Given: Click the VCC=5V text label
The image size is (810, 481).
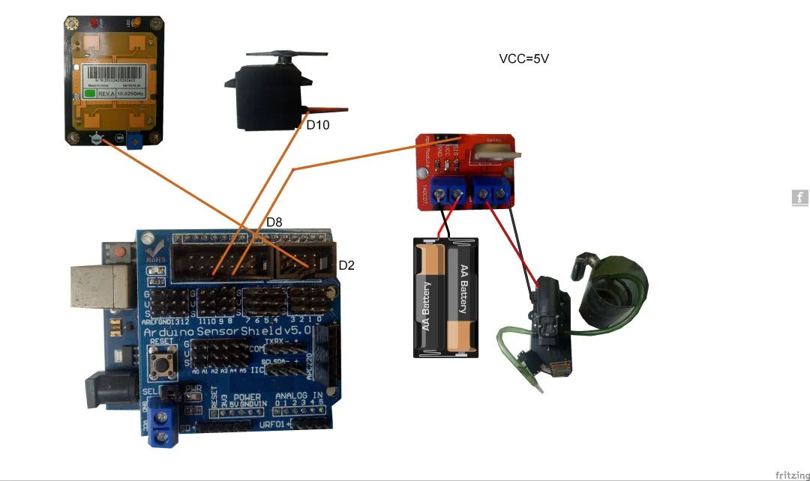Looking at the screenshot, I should pyautogui.click(x=524, y=58).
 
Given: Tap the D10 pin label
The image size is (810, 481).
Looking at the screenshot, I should pyautogui.click(x=317, y=125).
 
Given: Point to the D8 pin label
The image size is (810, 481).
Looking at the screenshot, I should pyautogui.click(x=274, y=223).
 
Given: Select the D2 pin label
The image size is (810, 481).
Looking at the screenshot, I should pyautogui.click(x=346, y=265).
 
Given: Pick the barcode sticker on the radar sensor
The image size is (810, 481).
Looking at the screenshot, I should pyautogui.click(x=113, y=78).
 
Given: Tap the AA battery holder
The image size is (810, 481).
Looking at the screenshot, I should pyautogui.click(x=445, y=297).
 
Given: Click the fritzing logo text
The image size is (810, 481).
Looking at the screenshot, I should pyautogui.click(x=791, y=475).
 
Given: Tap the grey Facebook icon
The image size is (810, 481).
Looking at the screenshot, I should pyautogui.click(x=799, y=198).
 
